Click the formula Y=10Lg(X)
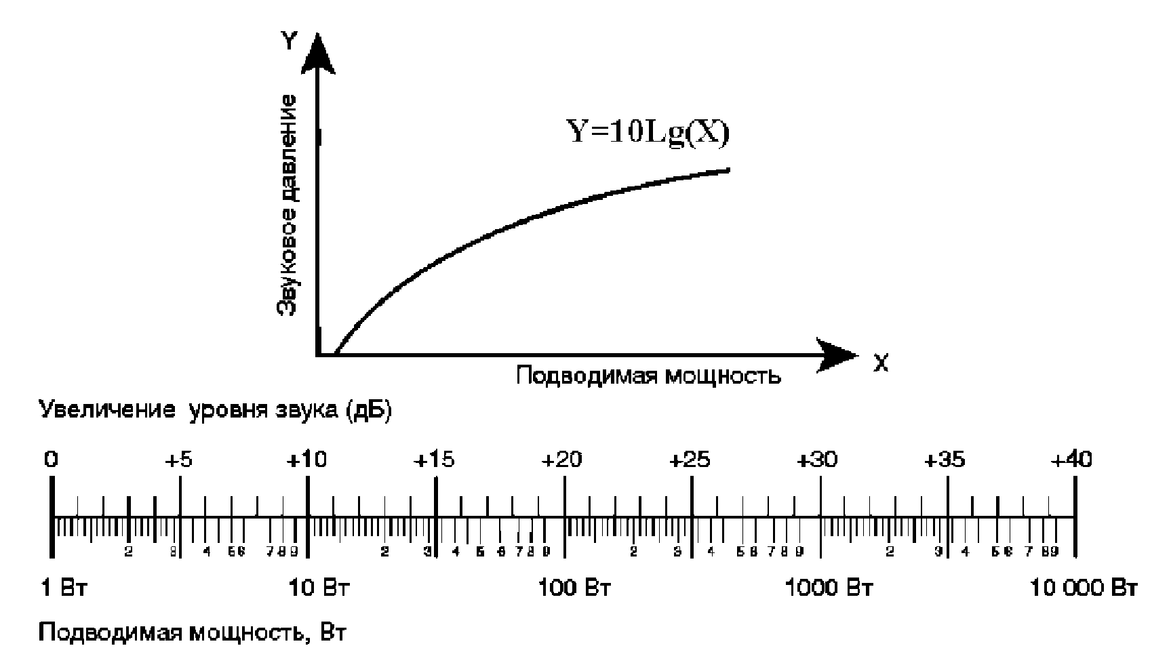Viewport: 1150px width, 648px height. coord(648,132)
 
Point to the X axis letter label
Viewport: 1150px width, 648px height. coord(880,364)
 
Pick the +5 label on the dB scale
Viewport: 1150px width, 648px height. coord(179,460)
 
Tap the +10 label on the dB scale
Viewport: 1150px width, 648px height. coord(306,460)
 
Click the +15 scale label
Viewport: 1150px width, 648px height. coord(435,460)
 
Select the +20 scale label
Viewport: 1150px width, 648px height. coord(562,460)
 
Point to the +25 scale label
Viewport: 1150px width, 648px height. coord(690,460)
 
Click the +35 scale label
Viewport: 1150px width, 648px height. coord(946,460)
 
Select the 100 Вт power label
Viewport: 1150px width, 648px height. coord(574,588)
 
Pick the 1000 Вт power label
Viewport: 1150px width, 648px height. coord(829,588)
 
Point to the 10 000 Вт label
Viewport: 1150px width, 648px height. coord(1083,588)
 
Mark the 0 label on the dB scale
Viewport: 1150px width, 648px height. coord(51,460)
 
